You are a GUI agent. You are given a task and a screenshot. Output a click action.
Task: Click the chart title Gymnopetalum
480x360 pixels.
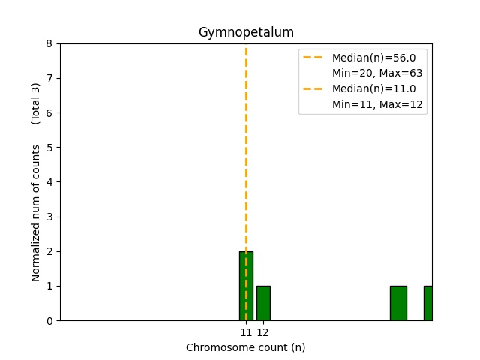(246, 32)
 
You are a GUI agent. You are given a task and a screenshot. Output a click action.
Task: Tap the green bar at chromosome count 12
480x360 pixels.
(263, 303)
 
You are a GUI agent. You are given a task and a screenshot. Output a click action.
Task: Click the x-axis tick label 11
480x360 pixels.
(246, 331)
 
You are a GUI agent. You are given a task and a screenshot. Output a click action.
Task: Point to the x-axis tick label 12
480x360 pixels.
(263, 331)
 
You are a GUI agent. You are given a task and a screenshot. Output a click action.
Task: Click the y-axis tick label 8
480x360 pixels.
(49, 43)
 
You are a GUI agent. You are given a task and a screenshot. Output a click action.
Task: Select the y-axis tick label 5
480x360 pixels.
(49, 148)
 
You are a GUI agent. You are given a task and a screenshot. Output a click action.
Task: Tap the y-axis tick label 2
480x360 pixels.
(49, 251)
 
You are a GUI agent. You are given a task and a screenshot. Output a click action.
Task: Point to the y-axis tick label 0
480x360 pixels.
(49, 320)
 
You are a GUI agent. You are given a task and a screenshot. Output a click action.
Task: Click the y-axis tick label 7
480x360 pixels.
(49, 78)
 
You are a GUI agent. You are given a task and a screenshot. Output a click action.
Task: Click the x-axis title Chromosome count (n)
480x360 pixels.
(246, 347)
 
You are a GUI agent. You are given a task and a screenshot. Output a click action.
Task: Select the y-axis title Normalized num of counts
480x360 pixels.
(36, 213)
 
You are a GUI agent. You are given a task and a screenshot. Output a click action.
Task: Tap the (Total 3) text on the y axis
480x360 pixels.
(36, 103)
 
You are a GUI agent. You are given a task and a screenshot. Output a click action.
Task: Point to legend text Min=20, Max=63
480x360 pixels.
(377, 73)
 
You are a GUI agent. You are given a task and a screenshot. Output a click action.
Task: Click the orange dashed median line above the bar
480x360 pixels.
(246, 150)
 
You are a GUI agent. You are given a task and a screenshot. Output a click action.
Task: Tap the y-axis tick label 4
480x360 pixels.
(49, 182)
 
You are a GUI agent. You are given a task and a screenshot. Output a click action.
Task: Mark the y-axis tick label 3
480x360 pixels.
(49, 217)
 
